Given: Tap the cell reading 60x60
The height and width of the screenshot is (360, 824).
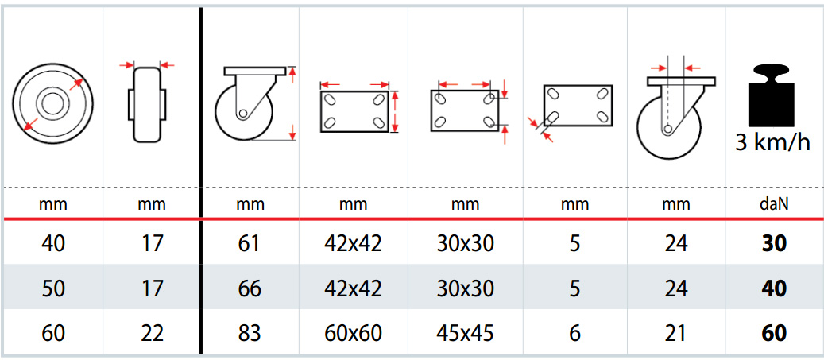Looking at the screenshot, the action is [x=353, y=333].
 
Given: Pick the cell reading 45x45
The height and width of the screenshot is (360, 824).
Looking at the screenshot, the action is [x=465, y=333].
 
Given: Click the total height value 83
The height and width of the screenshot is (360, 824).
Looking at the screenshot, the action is [x=249, y=333].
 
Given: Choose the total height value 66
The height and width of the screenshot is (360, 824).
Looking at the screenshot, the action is [x=249, y=288].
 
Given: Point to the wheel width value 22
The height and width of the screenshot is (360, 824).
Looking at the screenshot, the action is [x=152, y=333].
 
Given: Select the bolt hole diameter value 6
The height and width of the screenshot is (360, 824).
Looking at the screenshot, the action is [x=575, y=333].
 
